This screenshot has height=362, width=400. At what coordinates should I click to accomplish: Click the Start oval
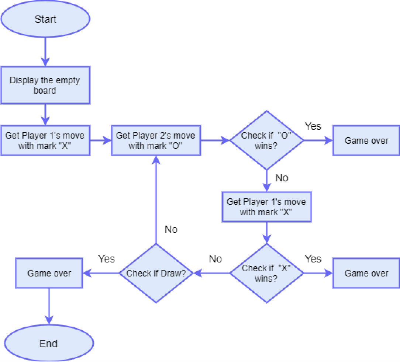pos(45,19)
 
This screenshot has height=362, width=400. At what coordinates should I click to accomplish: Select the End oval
pos(49,344)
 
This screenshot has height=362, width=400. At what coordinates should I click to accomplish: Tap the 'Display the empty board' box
pos(45,85)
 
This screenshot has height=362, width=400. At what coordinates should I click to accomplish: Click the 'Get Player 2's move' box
pos(156,140)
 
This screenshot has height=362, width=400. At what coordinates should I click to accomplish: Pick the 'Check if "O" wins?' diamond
pos(266,140)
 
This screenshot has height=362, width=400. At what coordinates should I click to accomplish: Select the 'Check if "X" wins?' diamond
pos(266,273)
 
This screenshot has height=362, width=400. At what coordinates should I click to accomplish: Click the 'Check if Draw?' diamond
pos(156,273)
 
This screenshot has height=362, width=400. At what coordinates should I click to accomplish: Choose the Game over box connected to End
pos(49,273)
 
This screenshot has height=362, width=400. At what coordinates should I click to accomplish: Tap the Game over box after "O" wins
pos(366,140)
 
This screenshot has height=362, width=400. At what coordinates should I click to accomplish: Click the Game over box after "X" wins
pos(366,273)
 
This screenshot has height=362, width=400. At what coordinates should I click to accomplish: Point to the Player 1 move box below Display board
pos(45,140)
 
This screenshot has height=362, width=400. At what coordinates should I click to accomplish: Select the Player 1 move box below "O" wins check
pos(266,207)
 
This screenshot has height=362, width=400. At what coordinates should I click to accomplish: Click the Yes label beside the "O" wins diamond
pos(313,126)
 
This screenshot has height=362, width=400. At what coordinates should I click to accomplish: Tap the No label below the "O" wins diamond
pos(282,178)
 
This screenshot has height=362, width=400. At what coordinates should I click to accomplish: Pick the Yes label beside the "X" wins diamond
pos(313,259)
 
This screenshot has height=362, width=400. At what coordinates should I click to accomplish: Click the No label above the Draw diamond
pos(171,230)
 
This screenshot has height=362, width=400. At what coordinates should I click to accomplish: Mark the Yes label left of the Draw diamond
pos(106,259)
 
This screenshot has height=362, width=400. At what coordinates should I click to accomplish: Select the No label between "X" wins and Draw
pos(215,259)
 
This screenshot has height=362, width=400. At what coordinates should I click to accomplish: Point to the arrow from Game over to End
pos(49,306)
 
